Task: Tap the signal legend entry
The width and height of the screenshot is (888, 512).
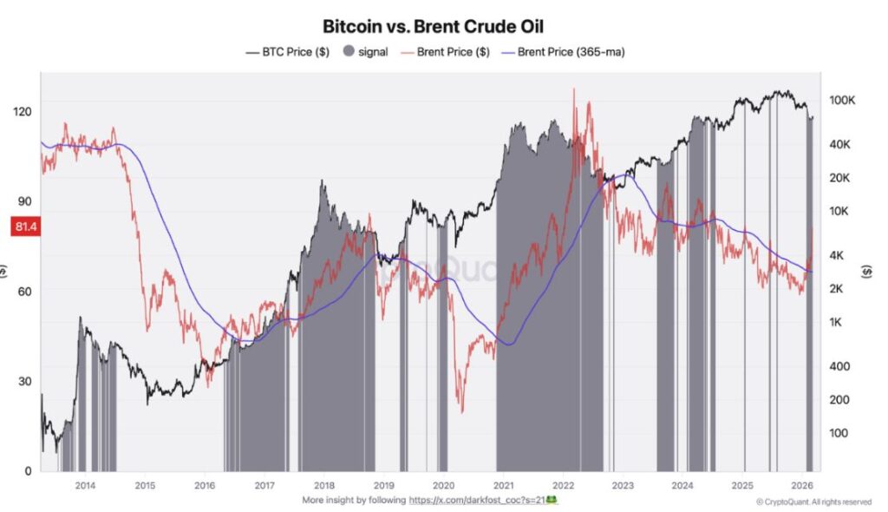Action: (x=364, y=52)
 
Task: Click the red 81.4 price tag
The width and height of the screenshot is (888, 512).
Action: (x=23, y=227)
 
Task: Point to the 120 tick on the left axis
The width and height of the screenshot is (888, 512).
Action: (x=23, y=111)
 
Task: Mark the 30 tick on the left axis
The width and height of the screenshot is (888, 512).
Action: (x=24, y=381)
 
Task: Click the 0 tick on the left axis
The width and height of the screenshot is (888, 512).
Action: (x=28, y=471)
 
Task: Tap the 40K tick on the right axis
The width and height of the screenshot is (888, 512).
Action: (x=842, y=144)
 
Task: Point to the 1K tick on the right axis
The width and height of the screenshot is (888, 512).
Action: (x=838, y=322)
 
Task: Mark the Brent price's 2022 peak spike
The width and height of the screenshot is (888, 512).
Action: (x=574, y=89)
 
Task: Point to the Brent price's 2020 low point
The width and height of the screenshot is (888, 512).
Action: (x=461, y=411)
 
